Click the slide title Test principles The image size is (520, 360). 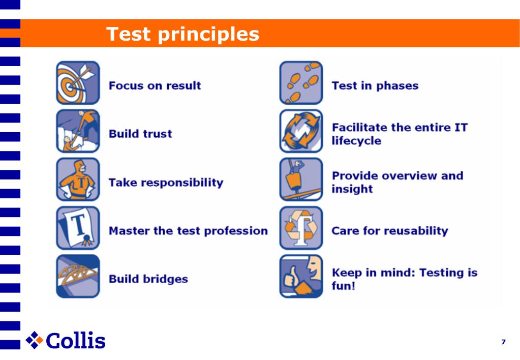(182, 34)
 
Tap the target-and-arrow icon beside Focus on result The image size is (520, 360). (78, 83)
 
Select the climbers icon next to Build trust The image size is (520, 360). (78, 131)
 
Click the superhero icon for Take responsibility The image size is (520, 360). (78, 179)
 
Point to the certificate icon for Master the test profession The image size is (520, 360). (78, 228)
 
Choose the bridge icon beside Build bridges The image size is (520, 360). (78, 276)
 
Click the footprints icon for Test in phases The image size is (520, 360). (301, 83)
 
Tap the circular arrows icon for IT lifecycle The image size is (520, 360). (301, 131)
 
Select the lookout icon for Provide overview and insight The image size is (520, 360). (301, 179)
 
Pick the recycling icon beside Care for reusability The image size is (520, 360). (301, 228)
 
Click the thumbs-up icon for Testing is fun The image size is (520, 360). (301, 276)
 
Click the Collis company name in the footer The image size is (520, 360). (76, 340)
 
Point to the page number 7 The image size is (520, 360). (503, 342)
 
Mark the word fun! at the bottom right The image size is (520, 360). (344, 286)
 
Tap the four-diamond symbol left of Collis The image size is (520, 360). (35, 340)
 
